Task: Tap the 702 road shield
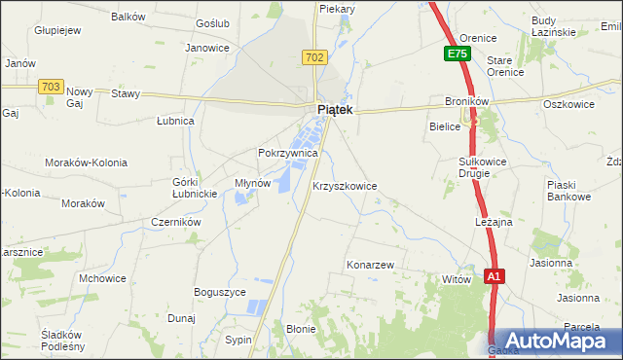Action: point(313,58)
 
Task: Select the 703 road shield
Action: point(52,87)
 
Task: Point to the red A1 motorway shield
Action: point(495,277)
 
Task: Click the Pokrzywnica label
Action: point(288,154)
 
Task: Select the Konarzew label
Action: point(370,265)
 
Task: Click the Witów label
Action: point(456,279)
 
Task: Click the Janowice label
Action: point(206,47)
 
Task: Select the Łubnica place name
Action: point(176,122)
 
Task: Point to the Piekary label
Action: point(337,9)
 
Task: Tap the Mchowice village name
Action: point(103,278)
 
